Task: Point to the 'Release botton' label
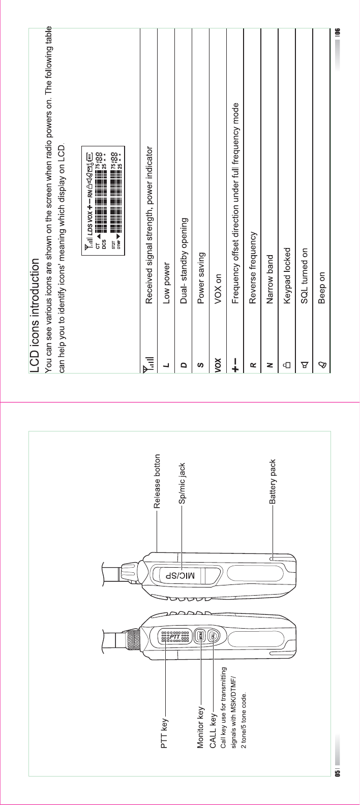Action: tap(157, 482)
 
